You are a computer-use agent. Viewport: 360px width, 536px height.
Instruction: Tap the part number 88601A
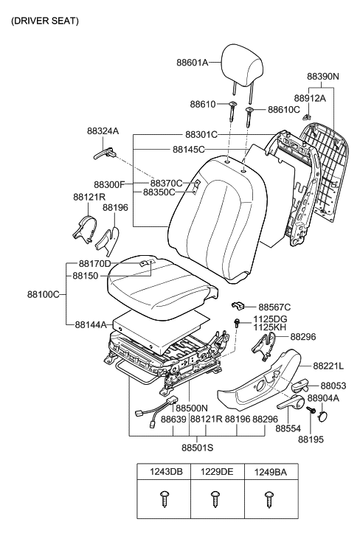192,63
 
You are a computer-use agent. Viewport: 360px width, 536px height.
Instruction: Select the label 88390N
322,76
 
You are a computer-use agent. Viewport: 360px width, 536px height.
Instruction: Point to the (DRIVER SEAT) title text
44,21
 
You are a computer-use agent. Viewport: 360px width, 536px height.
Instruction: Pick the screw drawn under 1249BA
269,499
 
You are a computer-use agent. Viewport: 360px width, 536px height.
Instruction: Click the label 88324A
102,130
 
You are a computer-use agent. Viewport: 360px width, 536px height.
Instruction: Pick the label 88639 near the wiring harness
173,419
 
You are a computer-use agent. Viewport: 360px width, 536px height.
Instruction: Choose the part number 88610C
284,109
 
